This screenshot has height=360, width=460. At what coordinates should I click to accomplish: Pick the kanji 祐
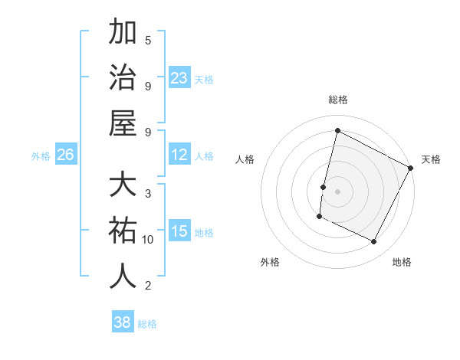pos(123,231)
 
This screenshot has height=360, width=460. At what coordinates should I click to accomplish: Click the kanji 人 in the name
pos(123,276)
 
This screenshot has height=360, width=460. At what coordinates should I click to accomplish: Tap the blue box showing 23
pos(179,77)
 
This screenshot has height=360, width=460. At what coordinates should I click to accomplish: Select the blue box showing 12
pos(179,155)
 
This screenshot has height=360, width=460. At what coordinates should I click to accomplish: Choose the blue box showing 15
pos(179,231)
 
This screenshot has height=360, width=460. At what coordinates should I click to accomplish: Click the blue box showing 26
pos(65,155)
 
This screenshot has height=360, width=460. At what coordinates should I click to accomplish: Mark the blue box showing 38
pos(123,322)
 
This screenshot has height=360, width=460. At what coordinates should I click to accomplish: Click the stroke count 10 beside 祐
pos(148,240)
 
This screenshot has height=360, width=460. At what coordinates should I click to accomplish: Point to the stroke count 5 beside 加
pos(148,40)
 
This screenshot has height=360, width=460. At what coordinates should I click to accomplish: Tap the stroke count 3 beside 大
pos(148,193)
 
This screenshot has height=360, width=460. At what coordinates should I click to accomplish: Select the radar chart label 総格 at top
pos(338,100)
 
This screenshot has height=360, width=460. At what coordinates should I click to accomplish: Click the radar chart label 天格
pos(431,159)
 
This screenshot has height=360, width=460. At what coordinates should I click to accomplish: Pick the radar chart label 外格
pos(270,262)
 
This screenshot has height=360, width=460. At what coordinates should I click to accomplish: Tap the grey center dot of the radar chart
pos(338,190)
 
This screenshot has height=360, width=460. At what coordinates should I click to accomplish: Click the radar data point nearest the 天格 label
pos(411,168)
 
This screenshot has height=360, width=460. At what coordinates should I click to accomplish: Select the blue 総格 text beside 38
pos(147,324)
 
